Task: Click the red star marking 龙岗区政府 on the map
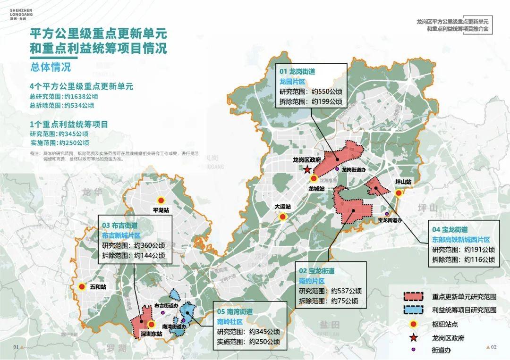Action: (307, 169)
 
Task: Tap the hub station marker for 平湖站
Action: (161, 201)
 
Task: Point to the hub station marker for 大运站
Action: (282, 217)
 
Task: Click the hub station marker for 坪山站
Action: (399, 193)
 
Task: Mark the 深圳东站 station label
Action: (151, 334)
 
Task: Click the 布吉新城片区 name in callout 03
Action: (121, 235)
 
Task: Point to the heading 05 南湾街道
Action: (235, 312)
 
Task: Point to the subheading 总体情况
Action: (50, 67)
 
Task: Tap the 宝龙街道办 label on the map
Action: (390, 220)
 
